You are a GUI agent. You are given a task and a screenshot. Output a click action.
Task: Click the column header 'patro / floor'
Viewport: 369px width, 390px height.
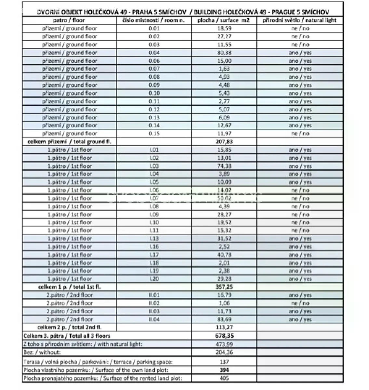(x=69, y=20)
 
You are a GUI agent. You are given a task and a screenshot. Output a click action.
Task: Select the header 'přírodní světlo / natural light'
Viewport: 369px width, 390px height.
(x=300, y=20)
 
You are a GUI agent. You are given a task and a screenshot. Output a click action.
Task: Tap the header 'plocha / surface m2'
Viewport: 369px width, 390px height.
(x=224, y=20)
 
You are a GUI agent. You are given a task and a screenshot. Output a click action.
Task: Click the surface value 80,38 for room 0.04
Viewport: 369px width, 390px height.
(x=224, y=53)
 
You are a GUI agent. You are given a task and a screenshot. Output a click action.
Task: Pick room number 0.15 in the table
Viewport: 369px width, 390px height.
(x=154, y=134)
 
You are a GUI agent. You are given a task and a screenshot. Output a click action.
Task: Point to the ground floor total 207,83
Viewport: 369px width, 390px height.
(x=224, y=142)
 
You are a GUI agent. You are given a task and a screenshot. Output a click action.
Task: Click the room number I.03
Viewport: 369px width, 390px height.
(x=154, y=166)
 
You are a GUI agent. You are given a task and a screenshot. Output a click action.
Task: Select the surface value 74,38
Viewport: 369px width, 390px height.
(x=224, y=166)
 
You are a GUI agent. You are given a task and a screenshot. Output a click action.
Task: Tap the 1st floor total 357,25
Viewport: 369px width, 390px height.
(x=224, y=287)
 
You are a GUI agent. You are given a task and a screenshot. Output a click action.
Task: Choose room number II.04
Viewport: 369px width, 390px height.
(x=154, y=319)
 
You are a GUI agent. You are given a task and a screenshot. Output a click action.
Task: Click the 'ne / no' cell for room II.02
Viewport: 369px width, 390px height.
(x=300, y=303)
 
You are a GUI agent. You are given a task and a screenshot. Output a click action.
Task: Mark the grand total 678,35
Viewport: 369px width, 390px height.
(x=224, y=336)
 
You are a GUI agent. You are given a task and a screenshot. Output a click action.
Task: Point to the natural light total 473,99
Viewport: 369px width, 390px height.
(x=224, y=344)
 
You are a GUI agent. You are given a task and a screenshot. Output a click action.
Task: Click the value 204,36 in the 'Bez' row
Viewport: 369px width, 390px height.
(x=224, y=352)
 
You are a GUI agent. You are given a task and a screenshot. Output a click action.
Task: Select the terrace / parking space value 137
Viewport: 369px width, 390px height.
(x=224, y=362)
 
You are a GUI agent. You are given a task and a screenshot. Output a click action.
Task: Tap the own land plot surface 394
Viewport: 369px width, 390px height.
(x=224, y=370)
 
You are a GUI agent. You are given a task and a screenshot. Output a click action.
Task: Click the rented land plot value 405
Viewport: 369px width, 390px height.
(x=224, y=378)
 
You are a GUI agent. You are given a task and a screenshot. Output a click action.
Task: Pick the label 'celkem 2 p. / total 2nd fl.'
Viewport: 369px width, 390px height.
(x=72, y=327)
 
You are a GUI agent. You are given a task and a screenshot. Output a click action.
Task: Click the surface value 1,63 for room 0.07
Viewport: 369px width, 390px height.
(x=224, y=69)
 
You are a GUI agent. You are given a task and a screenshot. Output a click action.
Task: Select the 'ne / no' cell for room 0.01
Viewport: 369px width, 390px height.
(x=300, y=28)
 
